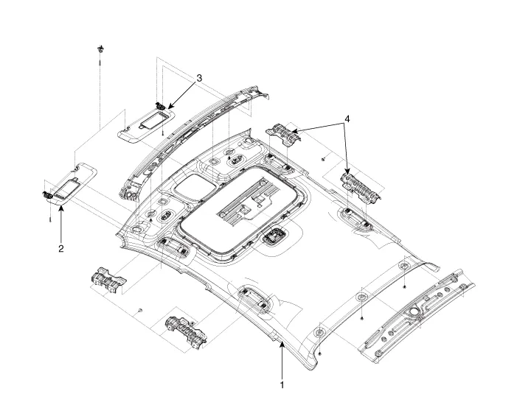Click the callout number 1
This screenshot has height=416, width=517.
[282, 384]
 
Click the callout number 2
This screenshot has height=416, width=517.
[61, 248]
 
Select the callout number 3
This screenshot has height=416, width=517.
[199, 78]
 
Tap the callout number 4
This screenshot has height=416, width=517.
[347, 119]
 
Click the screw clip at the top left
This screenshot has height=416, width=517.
[100, 49]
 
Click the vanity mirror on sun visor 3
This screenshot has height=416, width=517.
[153, 120]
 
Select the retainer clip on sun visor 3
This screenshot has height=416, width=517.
[160, 106]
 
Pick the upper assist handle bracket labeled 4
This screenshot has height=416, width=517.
[283, 133]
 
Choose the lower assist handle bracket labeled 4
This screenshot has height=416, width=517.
[360, 186]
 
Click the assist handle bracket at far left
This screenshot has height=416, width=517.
[108, 280]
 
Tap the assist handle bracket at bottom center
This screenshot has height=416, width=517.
[186, 331]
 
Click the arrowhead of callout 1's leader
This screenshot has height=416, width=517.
[282, 345]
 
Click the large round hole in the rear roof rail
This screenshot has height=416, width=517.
[413, 311]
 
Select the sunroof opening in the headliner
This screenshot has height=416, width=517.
[243, 211]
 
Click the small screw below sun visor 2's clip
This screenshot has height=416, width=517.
[50, 219]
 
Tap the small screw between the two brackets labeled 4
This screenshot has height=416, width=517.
[323, 159]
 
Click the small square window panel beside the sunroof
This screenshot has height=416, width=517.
[195, 187]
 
